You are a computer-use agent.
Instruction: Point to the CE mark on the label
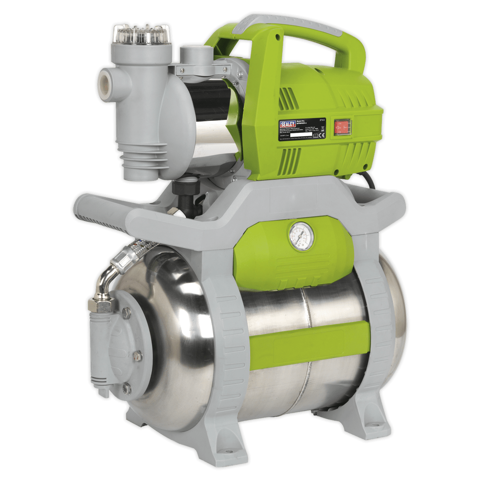pos(323,135)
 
